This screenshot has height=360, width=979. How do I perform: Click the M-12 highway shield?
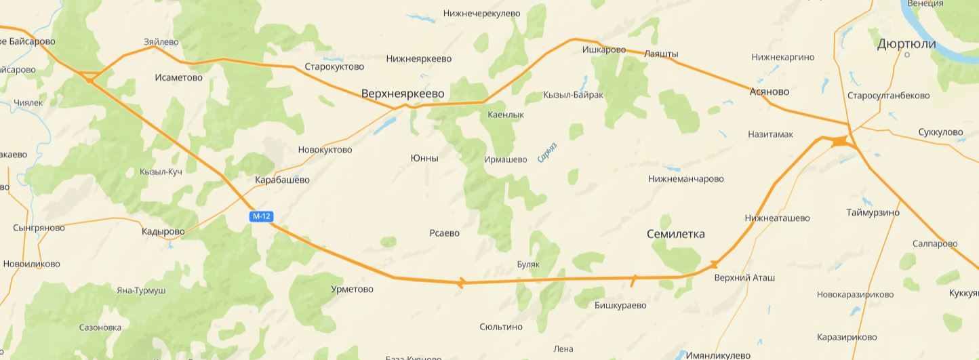coord(261,216)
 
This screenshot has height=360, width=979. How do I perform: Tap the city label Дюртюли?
coord(906,44)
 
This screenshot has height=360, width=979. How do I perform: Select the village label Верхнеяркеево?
coord(403,93)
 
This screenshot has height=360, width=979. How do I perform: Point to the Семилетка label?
coord(675,234)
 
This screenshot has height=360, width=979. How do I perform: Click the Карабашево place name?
coord(282,180)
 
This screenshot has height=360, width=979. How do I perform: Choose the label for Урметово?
coord(352,289)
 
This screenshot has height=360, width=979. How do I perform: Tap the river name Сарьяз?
coord(547,153)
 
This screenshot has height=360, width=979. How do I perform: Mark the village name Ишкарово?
coord(603,49)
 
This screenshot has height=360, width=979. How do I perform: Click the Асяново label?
coord(770,92)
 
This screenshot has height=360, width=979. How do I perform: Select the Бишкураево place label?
coord(620,305)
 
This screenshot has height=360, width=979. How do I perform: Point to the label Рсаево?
coord(444,233)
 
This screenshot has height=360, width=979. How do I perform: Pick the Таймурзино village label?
coord(873,213)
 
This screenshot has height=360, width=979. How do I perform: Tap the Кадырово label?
coord(163,232)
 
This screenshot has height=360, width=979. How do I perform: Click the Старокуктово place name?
coord(334,66)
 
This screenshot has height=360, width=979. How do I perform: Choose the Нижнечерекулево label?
coord(481,13)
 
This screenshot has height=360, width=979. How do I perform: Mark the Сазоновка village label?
coord(100,327)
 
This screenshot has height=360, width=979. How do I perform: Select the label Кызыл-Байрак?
coord(573,95)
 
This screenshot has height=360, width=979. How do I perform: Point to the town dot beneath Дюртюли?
coord(907,55)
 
